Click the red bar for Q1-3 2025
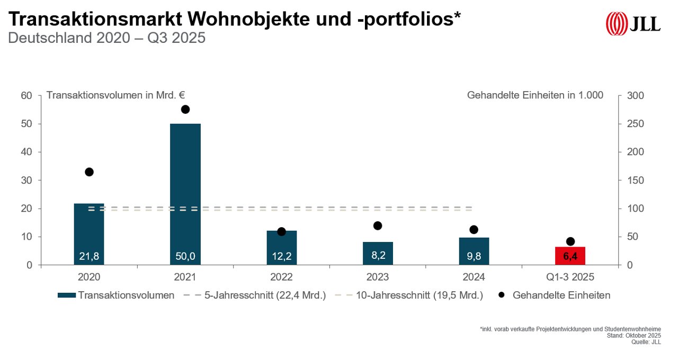(570, 256)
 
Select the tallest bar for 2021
(185, 191)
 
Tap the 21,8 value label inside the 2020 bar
(89, 257)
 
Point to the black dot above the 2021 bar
(185, 110)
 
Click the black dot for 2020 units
(89, 172)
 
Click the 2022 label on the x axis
(281, 277)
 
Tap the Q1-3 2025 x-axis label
(570, 277)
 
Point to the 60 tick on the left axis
(27, 96)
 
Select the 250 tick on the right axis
(636, 124)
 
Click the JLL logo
(634, 24)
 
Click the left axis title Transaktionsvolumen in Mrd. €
(115, 95)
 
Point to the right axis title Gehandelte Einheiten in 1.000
(535, 95)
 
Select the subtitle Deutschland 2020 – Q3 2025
(106, 38)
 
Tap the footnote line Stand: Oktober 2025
(634, 336)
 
